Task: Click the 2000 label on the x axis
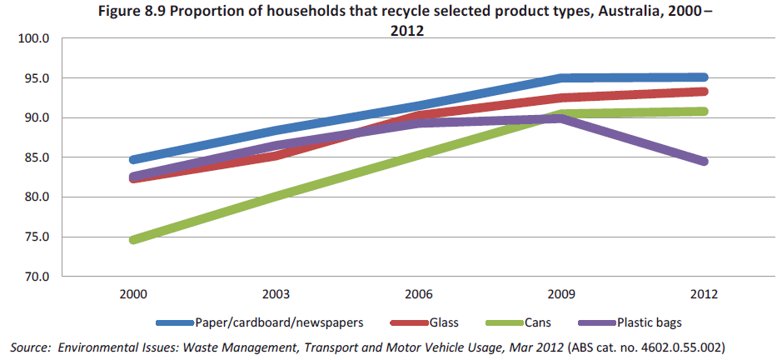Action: coord(133,295)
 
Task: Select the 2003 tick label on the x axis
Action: coord(276,295)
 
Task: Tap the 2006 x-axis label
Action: coord(418,295)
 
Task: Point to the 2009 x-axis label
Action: coord(560,295)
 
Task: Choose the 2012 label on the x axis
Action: coord(703,295)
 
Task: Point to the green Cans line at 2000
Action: coord(133,240)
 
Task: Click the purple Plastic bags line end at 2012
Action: coord(703,162)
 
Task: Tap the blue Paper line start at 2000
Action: coord(133,160)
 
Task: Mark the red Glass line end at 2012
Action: coord(703,92)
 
